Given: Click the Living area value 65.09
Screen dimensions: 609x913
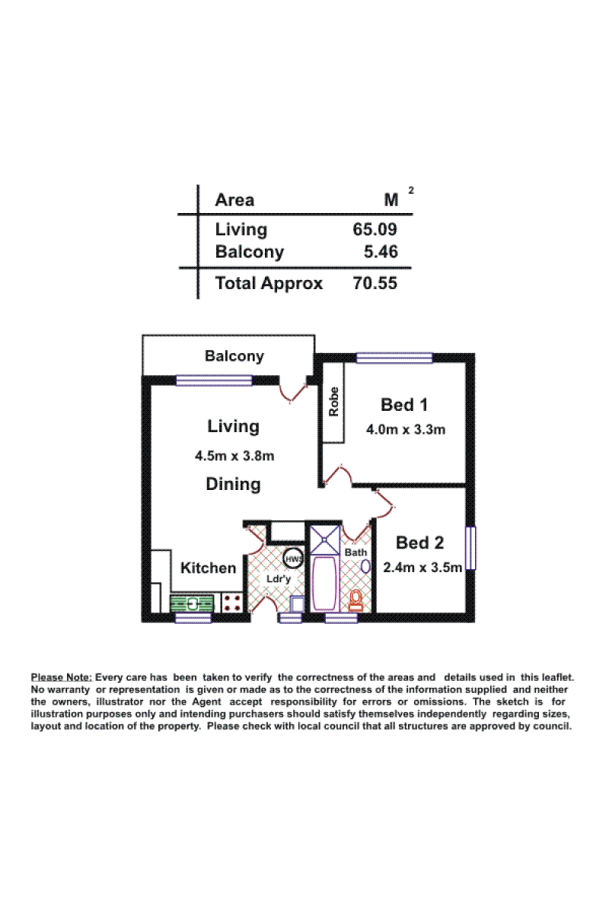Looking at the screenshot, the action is (x=375, y=229).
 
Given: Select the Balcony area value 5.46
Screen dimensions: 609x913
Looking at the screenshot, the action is (x=381, y=252).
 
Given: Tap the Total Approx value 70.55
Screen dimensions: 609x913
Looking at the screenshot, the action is (x=375, y=283).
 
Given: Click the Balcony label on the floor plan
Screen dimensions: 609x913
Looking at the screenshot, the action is (x=234, y=356).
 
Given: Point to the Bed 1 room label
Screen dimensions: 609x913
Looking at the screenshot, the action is (x=403, y=405).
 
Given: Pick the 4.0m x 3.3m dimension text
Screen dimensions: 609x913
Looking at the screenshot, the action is (x=406, y=430).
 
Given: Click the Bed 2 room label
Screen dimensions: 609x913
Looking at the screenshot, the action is (x=419, y=542).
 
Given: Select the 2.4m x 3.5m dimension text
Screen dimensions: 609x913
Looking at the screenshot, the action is (x=422, y=567).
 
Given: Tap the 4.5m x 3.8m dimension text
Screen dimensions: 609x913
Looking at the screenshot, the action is (x=234, y=455).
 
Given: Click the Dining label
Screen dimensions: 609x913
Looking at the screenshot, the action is (x=233, y=484).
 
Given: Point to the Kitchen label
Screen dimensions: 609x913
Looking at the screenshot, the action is (x=208, y=568).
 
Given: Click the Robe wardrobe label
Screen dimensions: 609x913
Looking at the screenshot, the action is (x=333, y=402).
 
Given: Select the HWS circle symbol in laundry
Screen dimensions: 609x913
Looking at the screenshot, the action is (x=293, y=558).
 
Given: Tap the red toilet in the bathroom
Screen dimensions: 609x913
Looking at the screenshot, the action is (x=356, y=600).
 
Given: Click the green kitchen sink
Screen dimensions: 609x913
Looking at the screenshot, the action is (x=192, y=603).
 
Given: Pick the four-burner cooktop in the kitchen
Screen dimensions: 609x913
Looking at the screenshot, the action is (x=231, y=603).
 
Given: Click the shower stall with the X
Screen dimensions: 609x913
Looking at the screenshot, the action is (x=325, y=540).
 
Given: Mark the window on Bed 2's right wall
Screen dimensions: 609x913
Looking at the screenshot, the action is (x=470, y=548).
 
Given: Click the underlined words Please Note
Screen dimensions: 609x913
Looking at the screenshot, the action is (x=62, y=677).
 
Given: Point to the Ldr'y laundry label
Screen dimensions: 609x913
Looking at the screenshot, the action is (x=278, y=579).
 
